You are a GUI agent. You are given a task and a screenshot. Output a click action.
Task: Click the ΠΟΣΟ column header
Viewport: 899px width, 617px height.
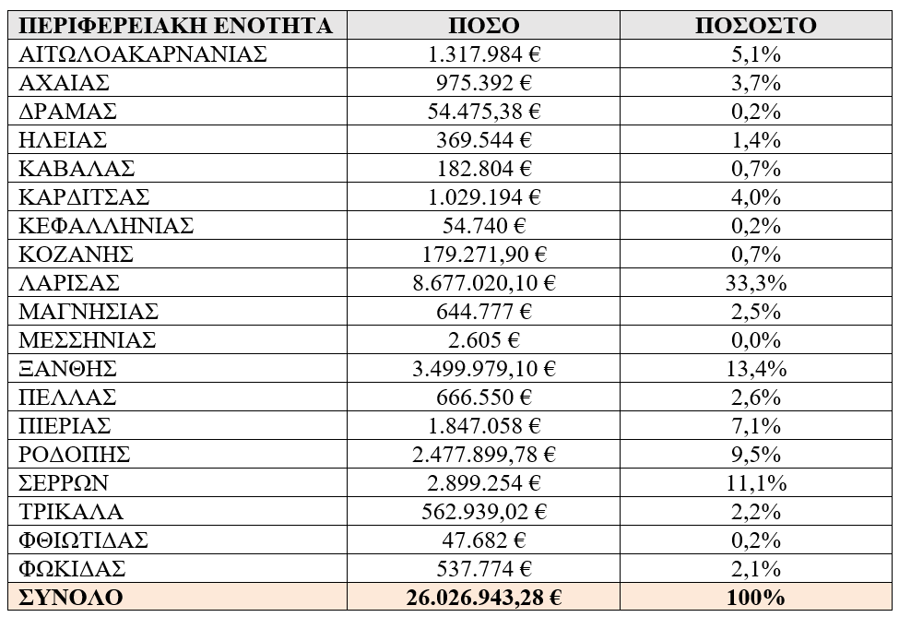(x=484, y=25)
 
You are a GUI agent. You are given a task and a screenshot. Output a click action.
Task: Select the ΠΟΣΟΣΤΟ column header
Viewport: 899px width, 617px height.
(x=755, y=25)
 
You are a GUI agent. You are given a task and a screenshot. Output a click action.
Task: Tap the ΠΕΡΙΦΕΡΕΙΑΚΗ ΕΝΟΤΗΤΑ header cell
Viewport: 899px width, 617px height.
(x=175, y=25)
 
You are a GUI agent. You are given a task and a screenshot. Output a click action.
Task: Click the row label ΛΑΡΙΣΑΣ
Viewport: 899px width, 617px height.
(x=69, y=283)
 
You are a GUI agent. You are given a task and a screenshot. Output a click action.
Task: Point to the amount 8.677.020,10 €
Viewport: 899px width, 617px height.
(x=484, y=283)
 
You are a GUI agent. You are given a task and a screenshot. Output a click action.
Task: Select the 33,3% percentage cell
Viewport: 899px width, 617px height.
(x=755, y=283)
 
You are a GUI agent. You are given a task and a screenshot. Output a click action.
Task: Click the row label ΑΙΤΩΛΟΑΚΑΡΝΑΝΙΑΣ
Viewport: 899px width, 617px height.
(x=143, y=54)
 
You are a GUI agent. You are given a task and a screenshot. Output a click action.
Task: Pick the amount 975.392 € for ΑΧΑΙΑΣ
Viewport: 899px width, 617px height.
(x=484, y=83)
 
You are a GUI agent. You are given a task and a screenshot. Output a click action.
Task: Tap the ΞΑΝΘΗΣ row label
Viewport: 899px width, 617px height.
(x=68, y=369)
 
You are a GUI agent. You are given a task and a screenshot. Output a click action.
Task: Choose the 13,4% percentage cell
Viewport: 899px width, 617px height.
(x=755, y=369)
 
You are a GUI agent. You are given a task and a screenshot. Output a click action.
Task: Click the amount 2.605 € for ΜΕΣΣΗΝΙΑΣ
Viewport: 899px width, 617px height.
(x=484, y=340)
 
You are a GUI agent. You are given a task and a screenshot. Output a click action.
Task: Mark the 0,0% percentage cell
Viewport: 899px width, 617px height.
(x=755, y=340)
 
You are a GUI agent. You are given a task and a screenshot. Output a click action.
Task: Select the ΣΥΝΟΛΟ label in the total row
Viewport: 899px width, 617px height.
(x=71, y=597)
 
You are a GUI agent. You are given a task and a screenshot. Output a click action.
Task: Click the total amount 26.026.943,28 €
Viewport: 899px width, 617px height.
(x=484, y=597)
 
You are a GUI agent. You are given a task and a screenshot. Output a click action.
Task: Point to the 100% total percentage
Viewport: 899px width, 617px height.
(x=755, y=597)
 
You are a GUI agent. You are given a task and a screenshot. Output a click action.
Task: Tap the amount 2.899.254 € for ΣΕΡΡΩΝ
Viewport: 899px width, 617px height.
(x=484, y=482)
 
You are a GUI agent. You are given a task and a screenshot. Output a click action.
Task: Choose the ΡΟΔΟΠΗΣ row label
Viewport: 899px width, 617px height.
(x=75, y=454)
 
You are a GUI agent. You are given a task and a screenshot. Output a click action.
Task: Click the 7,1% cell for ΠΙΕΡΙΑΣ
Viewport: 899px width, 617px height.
(x=755, y=425)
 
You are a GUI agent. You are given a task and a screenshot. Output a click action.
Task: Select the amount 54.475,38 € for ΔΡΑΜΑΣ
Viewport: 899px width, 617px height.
(x=484, y=112)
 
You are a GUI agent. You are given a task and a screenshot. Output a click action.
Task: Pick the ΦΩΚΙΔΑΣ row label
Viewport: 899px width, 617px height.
(x=72, y=568)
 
